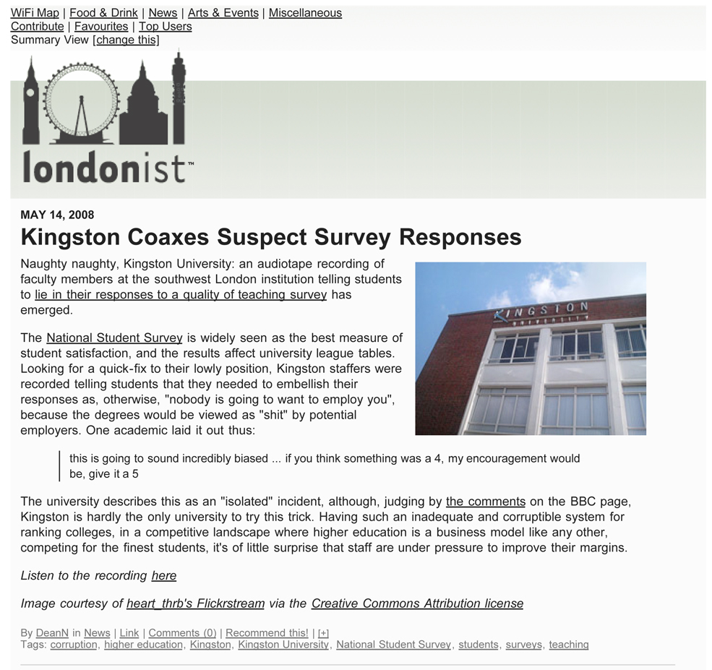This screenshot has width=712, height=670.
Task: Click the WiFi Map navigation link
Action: click(x=35, y=13)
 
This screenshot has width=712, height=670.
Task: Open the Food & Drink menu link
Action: click(x=103, y=13)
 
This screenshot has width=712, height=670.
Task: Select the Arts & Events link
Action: click(x=223, y=13)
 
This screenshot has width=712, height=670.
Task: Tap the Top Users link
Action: click(x=165, y=27)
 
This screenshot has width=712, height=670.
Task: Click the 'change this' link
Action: click(x=126, y=40)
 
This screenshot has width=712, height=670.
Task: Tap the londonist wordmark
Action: click(x=105, y=167)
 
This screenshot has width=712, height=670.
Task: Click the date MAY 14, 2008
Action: click(x=57, y=215)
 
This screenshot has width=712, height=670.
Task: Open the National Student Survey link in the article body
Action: click(x=114, y=338)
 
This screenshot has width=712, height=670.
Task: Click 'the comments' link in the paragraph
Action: click(x=485, y=502)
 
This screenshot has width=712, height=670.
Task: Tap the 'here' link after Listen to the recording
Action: click(x=163, y=575)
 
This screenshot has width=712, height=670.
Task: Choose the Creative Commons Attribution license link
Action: click(x=417, y=604)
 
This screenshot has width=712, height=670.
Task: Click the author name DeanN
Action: click(x=52, y=633)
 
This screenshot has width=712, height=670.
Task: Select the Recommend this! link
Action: click(x=267, y=633)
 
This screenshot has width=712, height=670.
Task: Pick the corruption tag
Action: click(x=73, y=645)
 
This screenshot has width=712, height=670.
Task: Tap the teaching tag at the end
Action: click(x=568, y=645)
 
